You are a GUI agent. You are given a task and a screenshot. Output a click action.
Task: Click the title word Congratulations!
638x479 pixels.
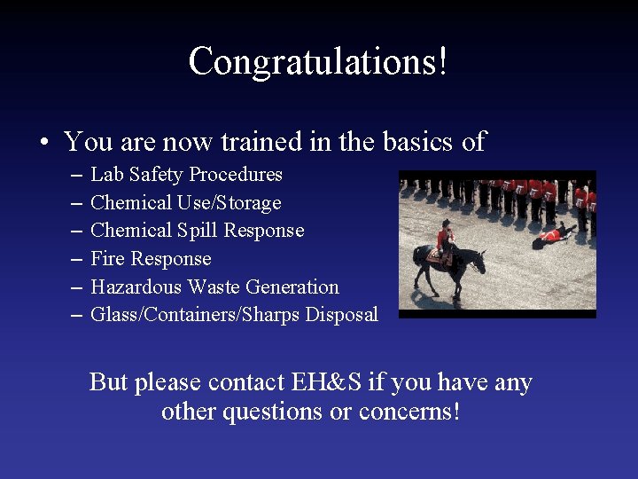[318, 62]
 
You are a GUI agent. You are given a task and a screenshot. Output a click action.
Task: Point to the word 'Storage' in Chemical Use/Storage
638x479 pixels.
[248, 203]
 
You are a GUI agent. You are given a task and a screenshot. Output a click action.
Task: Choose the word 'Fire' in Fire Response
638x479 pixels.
[107, 259]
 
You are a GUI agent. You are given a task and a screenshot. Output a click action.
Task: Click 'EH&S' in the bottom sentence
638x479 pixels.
[327, 383]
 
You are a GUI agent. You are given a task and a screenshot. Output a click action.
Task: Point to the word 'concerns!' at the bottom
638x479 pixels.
[409, 412]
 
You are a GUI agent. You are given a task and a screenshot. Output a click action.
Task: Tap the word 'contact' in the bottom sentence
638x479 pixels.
[246, 383]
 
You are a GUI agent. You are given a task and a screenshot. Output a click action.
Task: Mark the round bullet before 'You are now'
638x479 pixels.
[43, 143]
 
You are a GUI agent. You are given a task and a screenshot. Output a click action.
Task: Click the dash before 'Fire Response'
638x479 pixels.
[74, 260]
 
